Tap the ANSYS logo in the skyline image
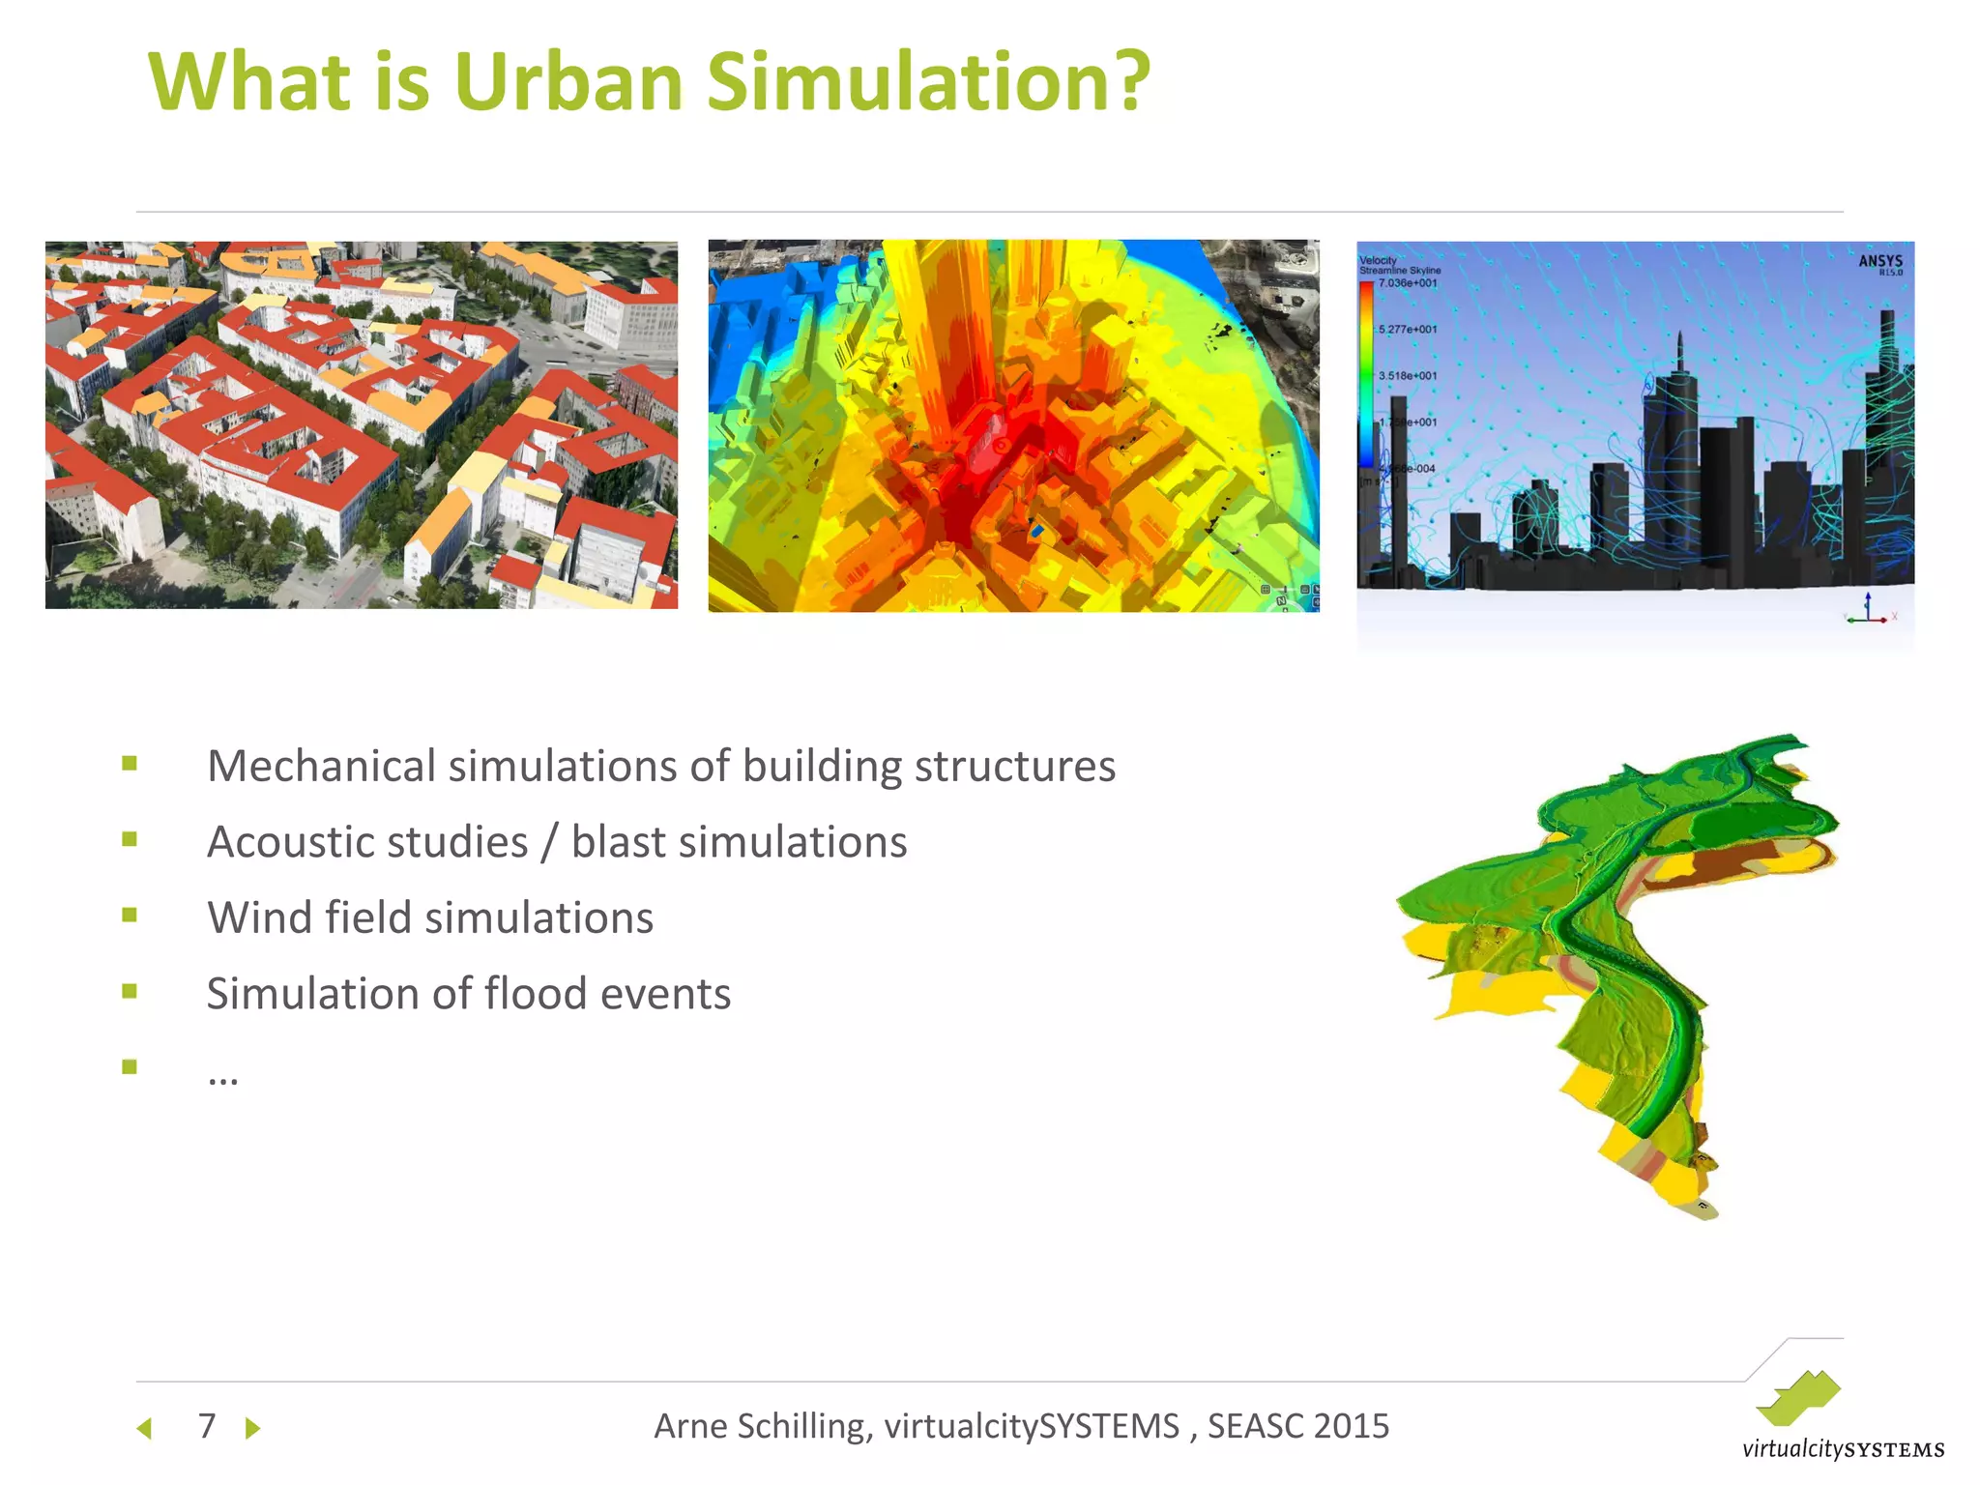(x=1879, y=262)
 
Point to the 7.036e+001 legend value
(x=1408, y=283)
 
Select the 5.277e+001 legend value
(x=1408, y=330)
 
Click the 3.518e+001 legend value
(x=1408, y=376)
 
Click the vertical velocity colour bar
(x=1366, y=377)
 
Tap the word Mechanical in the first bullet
(x=320, y=766)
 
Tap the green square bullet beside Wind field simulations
(x=130, y=915)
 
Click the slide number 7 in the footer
(x=206, y=1426)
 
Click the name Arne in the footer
(x=690, y=1426)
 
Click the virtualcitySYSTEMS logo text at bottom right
(x=1843, y=1449)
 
